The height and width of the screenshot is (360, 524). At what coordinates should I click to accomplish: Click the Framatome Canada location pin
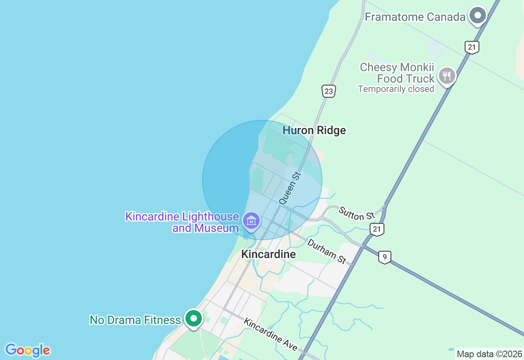click(477, 16)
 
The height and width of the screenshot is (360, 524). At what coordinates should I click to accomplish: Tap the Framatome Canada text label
click(415, 17)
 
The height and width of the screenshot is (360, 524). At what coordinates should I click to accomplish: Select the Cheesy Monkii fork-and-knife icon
click(447, 76)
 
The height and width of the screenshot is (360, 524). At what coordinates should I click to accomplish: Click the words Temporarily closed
click(395, 89)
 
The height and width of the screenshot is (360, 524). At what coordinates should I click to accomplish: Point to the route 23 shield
click(329, 91)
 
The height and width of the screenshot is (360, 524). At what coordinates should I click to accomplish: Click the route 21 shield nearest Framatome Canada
click(472, 47)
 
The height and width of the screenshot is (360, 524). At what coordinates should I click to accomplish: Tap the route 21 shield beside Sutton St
click(377, 229)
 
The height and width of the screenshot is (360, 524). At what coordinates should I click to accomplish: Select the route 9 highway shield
click(384, 257)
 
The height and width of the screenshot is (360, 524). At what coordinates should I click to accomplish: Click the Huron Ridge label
click(314, 130)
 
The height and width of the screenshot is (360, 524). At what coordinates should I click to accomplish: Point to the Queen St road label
click(290, 188)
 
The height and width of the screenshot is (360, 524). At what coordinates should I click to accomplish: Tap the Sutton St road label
click(357, 213)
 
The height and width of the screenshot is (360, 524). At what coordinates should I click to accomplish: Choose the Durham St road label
click(326, 250)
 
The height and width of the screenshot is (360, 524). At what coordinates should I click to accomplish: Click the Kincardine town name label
click(268, 254)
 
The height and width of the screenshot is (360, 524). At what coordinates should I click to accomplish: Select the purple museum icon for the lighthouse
click(251, 221)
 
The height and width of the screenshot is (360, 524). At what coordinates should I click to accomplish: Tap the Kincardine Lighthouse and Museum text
click(182, 222)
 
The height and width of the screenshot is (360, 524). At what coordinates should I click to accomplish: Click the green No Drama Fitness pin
click(194, 318)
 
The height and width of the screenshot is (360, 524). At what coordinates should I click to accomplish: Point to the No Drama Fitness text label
click(135, 320)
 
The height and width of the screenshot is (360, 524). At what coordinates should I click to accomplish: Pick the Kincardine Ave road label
click(270, 334)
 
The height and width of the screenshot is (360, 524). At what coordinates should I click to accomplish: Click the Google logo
click(27, 350)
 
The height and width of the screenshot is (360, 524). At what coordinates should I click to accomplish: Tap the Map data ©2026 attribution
click(489, 354)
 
